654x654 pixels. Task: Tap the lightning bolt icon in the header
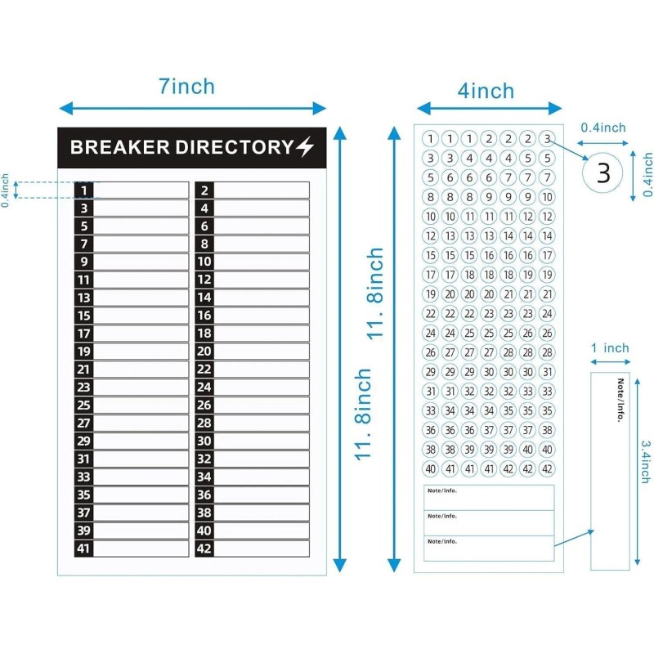click(304, 147)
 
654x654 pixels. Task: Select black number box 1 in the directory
click(83, 190)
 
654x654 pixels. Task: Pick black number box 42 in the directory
click(204, 549)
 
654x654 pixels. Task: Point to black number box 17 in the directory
click(83, 334)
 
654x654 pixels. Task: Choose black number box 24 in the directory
click(204, 387)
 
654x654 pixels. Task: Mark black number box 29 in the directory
click(83, 441)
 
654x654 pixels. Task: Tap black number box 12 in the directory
click(204, 280)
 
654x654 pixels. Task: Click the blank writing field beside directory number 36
click(262, 495)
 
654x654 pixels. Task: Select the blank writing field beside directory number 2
click(262, 190)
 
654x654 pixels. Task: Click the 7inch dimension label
click(186, 86)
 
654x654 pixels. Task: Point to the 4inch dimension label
click(486, 90)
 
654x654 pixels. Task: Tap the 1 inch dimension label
click(610, 348)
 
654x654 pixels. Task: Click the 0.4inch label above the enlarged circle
click(603, 128)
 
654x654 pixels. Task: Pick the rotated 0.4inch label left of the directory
click(6, 190)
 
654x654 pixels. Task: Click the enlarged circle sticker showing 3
click(603, 172)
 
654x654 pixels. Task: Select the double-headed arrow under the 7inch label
click(193, 108)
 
